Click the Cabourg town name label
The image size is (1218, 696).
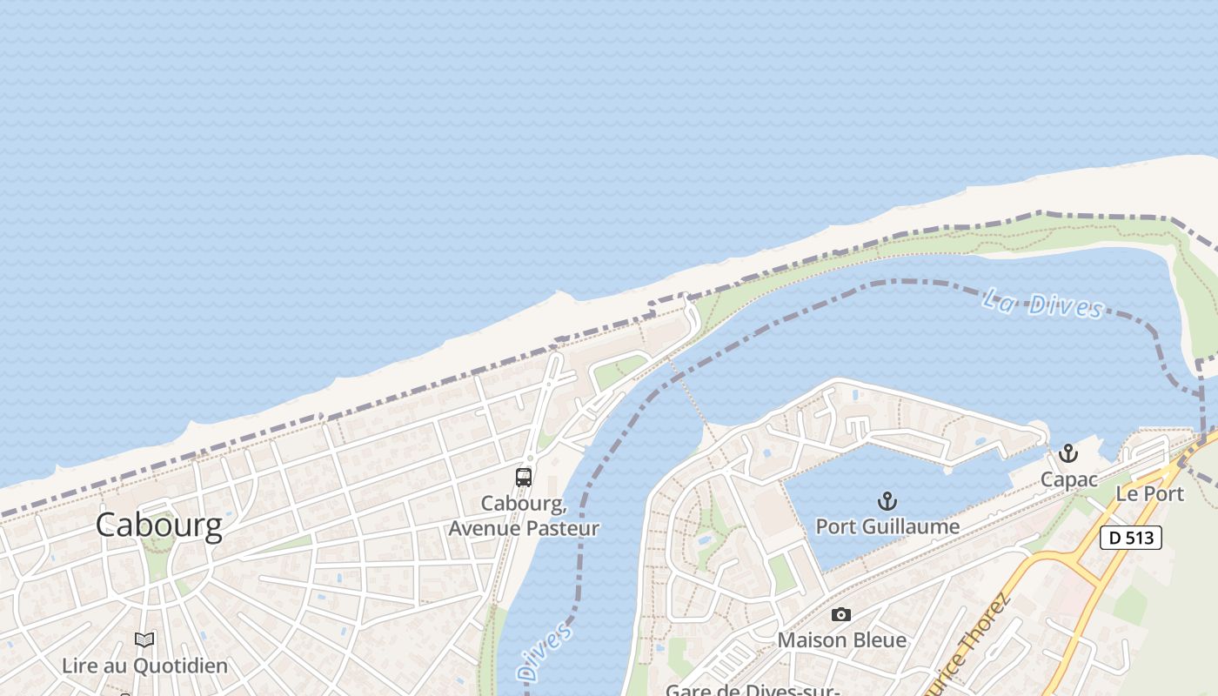158,525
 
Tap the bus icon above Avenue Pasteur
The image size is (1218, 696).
523,477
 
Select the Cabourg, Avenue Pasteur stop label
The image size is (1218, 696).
524,516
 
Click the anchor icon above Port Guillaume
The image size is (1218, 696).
887,500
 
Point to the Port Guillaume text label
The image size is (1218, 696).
887,526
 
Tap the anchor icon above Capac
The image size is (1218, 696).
1067,453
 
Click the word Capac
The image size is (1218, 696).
1068,479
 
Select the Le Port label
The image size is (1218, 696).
1150,493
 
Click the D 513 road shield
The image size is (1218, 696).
1131,538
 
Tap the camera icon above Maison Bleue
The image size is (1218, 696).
840,614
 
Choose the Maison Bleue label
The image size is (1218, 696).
841,640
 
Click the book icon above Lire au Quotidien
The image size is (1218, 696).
144,640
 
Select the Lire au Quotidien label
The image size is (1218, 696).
144,666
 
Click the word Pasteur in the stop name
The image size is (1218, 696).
562,528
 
